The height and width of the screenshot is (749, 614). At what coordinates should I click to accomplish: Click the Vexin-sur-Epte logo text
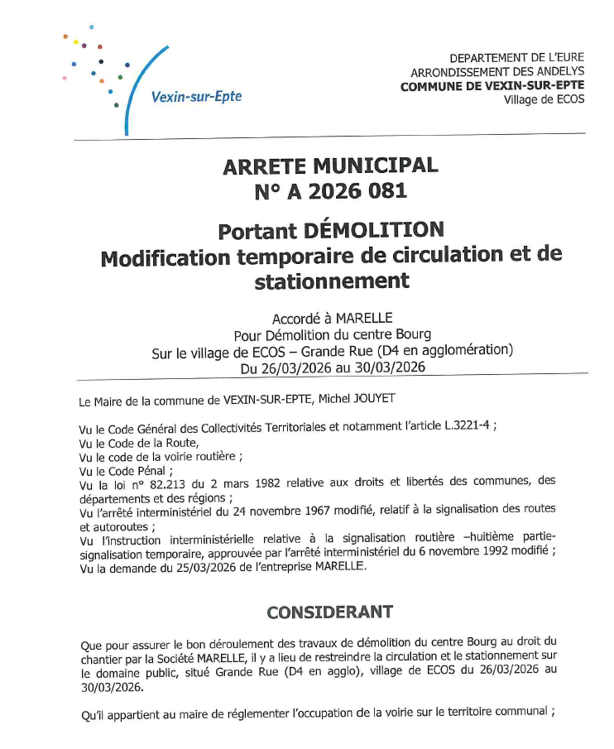pos(196,97)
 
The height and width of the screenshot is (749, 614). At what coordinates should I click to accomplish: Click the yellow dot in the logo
pos(75,42)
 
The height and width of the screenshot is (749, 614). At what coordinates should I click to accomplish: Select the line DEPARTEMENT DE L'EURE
pos(516,58)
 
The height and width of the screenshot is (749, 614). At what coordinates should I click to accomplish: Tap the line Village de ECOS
pos(543,99)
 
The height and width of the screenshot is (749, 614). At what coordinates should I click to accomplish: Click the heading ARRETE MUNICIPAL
pos(329,166)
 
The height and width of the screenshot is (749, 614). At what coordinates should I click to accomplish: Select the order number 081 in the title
pos(386,192)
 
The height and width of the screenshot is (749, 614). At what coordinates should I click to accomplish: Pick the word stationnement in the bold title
pos(332,281)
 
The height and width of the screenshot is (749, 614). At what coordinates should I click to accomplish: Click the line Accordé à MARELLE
pos(332,319)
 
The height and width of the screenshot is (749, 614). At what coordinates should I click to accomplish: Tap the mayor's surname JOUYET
pos(374,399)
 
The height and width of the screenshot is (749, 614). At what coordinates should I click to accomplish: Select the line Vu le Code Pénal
pos(120,470)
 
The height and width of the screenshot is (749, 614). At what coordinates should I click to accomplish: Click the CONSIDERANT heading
pos(329,612)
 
